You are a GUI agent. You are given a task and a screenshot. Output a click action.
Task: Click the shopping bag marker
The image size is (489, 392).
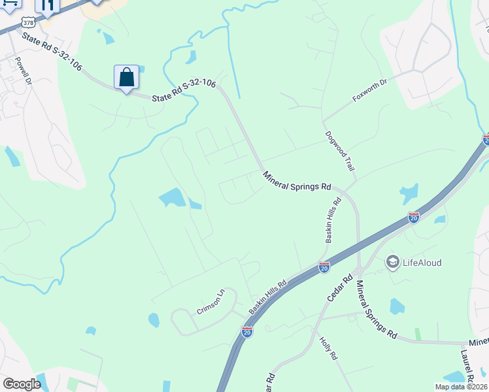126,77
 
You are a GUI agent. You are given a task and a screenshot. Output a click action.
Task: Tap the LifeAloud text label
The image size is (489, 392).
422,263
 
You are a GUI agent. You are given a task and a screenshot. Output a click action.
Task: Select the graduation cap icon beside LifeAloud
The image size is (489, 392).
393,263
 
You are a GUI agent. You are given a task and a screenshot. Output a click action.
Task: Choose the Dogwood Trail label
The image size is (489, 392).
340,151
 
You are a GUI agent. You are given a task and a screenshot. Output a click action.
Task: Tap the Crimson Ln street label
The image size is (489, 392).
211,301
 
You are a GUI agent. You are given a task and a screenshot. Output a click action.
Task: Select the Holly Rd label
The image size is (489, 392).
328,348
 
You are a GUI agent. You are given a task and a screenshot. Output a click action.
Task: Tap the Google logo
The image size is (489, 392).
22,384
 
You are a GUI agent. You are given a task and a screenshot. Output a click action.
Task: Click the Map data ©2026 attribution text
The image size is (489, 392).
460,387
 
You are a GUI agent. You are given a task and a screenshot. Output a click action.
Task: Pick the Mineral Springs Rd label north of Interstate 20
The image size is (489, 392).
297,181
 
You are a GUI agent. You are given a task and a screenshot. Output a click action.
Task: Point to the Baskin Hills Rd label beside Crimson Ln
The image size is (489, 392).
268,297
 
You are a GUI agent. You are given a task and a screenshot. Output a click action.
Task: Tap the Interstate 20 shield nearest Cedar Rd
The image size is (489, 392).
324,267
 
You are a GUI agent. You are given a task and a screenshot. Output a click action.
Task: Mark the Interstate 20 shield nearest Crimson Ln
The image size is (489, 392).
246,332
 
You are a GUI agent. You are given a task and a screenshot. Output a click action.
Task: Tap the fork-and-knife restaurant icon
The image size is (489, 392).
47,6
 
